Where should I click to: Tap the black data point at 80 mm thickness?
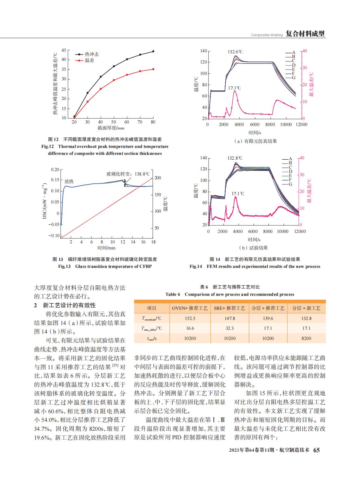click(153, 51)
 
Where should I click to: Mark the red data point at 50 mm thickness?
click(114, 80)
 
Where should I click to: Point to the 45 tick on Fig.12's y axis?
click(63, 50)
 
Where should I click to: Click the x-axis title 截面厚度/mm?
click(111, 128)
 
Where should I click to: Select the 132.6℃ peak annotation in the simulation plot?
click(235, 52)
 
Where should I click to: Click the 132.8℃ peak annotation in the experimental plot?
click(235, 158)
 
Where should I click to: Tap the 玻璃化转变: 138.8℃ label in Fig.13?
click(128, 174)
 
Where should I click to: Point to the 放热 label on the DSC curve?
click(69, 181)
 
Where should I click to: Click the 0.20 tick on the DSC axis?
click(55, 170)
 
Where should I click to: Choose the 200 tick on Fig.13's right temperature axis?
click(158, 178)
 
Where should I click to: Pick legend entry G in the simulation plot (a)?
click(291, 78)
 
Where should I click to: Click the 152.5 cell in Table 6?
click(190, 318)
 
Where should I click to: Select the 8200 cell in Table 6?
click(306, 338)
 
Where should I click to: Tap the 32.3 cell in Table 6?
click(230, 328)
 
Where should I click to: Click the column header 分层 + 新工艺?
click(306, 308)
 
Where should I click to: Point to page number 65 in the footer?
click(317, 450)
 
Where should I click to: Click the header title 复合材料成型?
click(305, 34)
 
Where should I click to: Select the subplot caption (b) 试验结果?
click(253, 248)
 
